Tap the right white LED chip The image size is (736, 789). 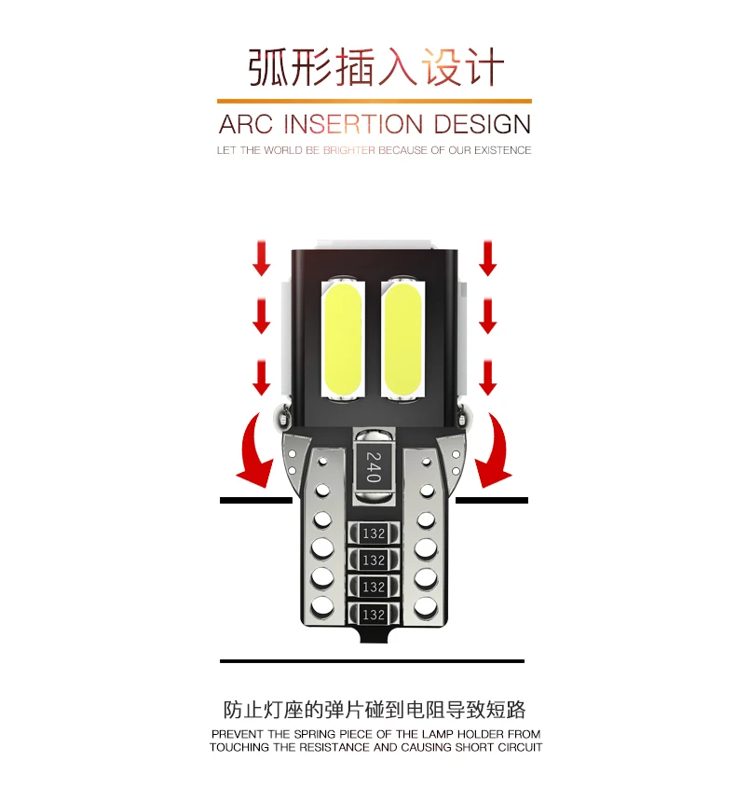click(x=403, y=337)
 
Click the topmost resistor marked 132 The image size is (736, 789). click(x=374, y=534)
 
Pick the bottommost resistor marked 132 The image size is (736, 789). click(x=374, y=615)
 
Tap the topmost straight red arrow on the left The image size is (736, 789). click(x=262, y=256)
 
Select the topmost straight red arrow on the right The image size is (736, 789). click(x=486, y=256)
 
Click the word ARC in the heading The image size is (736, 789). click(x=246, y=124)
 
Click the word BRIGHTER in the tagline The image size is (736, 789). click(x=347, y=150)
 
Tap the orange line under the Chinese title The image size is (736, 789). click(x=375, y=101)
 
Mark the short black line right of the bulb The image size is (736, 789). click(x=492, y=501)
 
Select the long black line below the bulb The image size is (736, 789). click(x=372, y=661)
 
